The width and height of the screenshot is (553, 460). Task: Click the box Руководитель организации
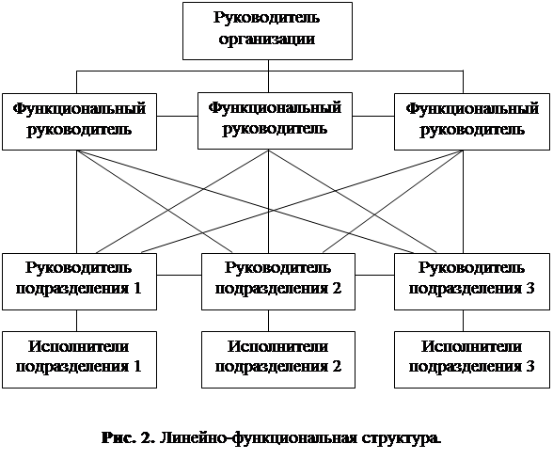pos(267,31)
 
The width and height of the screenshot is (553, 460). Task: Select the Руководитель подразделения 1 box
pos(79,281)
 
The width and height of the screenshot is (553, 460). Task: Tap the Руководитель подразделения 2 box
pos(278,281)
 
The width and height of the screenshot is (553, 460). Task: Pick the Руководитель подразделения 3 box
pos(472,281)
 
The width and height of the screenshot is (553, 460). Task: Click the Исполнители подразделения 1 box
pos(79,359)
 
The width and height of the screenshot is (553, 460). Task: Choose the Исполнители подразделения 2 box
pos(278,359)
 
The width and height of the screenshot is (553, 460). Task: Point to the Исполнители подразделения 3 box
pos(472,359)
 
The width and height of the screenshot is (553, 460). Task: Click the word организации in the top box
pos(267,40)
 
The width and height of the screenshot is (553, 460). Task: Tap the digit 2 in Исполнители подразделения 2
pos(337,366)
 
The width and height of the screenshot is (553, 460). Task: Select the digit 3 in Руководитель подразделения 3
pos(529,288)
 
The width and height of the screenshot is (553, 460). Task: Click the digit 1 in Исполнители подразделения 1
pos(136,366)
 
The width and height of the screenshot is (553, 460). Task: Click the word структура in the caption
pos(401,438)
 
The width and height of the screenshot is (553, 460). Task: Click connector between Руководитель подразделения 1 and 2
pos(179,275)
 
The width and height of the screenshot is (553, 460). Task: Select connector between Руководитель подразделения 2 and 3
pos(374,275)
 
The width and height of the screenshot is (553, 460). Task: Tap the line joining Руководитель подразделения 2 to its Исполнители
pos(268,321)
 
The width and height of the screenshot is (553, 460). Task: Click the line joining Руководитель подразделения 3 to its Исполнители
pos(463,321)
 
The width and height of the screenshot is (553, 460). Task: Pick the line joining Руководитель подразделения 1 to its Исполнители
pos(77,321)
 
